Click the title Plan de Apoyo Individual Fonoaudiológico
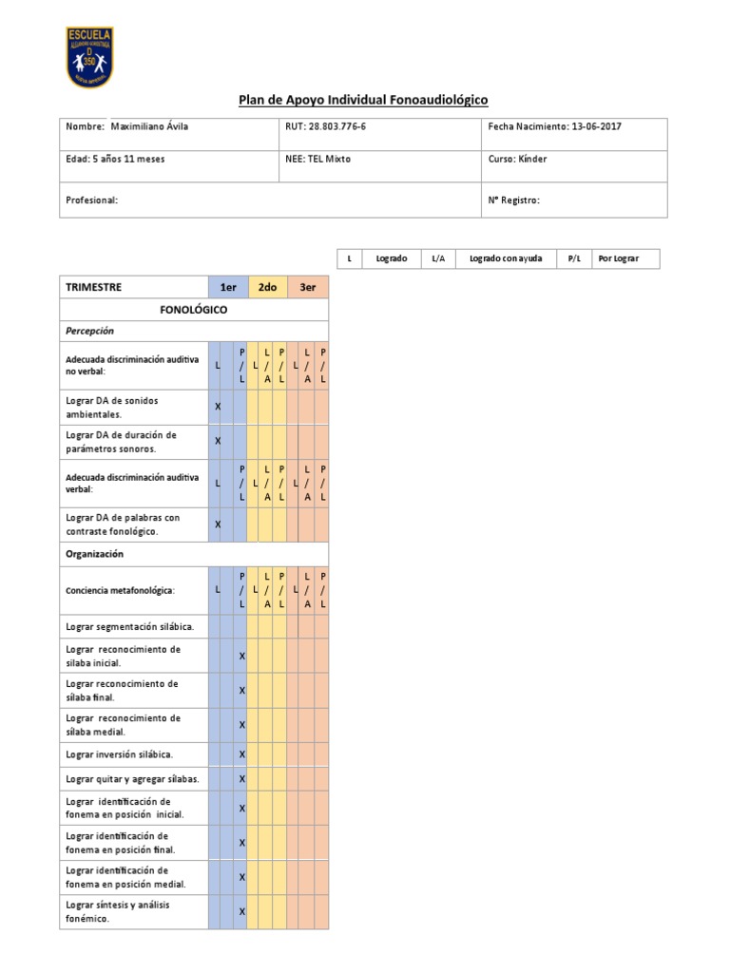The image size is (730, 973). point(362,101)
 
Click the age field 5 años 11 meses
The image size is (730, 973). point(115,159)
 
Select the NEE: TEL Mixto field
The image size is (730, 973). point(317,159)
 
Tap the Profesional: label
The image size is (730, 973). point(91,200)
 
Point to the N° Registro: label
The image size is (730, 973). point(514,200)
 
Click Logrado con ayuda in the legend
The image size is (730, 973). point(507,259)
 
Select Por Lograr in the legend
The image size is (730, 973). point(618,259)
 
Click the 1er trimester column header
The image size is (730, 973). point(228,287)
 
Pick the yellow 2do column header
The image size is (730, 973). point(267,287)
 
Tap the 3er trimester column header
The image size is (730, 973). point(307,287)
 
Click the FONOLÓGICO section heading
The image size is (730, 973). point(194,310)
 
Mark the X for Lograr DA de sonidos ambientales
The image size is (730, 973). point(218,407)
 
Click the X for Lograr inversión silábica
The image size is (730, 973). point(242,754)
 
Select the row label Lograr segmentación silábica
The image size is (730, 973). point(130,626)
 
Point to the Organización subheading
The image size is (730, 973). point(95,554)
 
